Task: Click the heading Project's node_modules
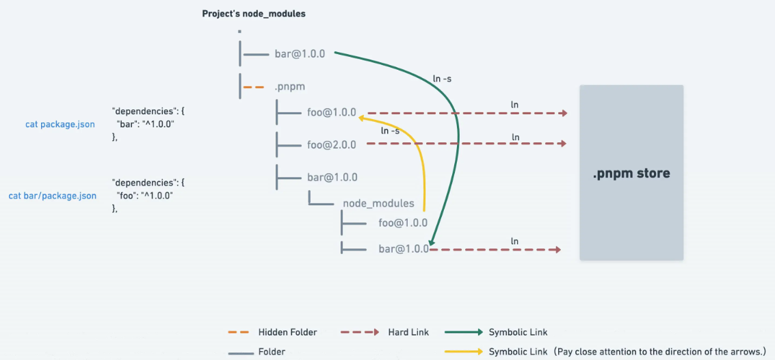(254, 14)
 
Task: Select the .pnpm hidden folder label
(289, 87)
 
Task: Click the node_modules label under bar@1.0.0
(378, 203)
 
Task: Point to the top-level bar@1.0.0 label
(300, 53)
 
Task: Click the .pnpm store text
(631, 174)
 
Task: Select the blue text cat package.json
(60, 124)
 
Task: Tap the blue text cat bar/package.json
(53, 196)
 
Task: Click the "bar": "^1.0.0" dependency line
(146, 124)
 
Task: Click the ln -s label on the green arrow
(441, 79)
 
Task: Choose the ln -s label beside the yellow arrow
(391, 131)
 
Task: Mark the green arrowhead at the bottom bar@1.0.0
(432, 242)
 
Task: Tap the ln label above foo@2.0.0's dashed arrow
(516, 136)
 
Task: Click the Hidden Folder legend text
(288, 333)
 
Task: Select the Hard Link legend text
(408, 333)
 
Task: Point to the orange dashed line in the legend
(239, 333)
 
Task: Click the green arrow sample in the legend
(464, 333)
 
